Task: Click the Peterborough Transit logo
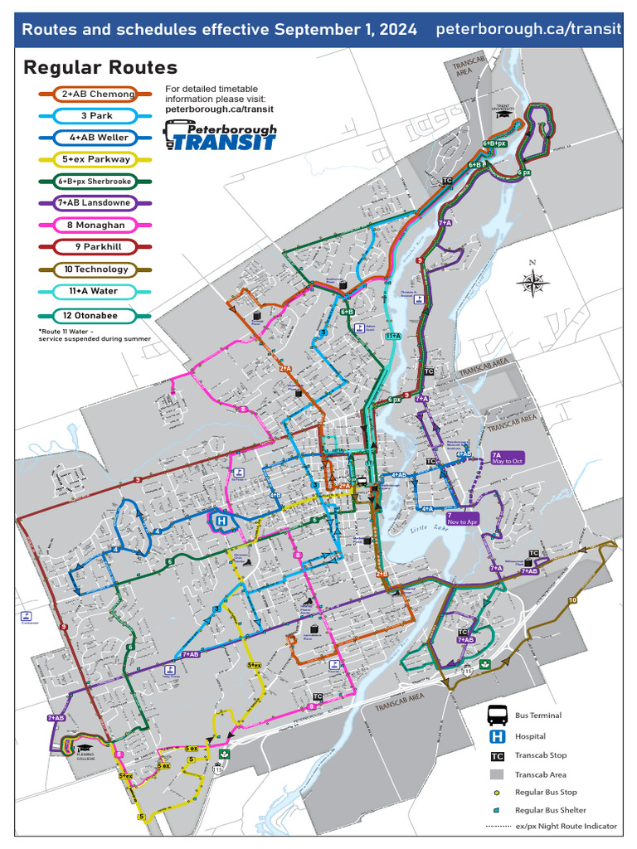[x=220, y=135]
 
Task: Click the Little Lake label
[x=427, y=531]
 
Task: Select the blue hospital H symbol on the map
[x=221, y=522]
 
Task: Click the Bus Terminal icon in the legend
[x=498, y=715]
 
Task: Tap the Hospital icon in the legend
[x=498, y=735]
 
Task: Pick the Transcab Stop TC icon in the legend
[x=498, y=756]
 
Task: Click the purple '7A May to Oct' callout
[x=508, y=457]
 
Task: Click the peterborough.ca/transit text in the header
[x=528, y=30]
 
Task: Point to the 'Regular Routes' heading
[x=100, y=67]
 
